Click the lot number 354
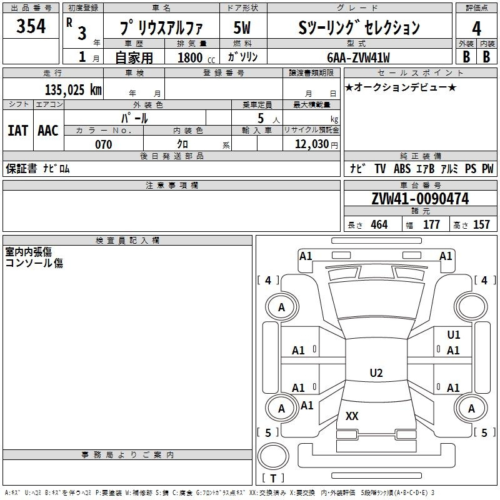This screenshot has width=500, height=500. (x=31, y=26)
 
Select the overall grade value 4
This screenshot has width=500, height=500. (x=476, y=29)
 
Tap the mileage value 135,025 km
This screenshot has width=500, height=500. (x=73, y=89)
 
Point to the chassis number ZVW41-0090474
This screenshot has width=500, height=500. (x=420, y=199)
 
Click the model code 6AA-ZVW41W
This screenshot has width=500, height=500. (x=358, y=57)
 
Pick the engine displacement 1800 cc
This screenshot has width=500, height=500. (x=196, y=57)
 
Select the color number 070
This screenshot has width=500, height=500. (x=103, y=144)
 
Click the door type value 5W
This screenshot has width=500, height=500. (x=242, y=27)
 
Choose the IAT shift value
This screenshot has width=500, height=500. (x=17, y=131)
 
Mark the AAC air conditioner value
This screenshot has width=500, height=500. (x=48, y=131)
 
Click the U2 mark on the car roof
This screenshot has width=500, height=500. (x=376, y=372)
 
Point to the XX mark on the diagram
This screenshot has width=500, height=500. (x=352, y=416)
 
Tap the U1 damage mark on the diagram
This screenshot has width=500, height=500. (x=454, y=334)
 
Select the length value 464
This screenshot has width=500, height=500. (x=379, y=224)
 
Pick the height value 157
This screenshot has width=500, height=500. (x=481, y=224)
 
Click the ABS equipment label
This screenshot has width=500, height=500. (x=402, y=169)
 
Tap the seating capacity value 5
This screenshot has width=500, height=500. (x=261, y=118)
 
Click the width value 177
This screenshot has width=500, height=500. (x=431, y=224)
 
